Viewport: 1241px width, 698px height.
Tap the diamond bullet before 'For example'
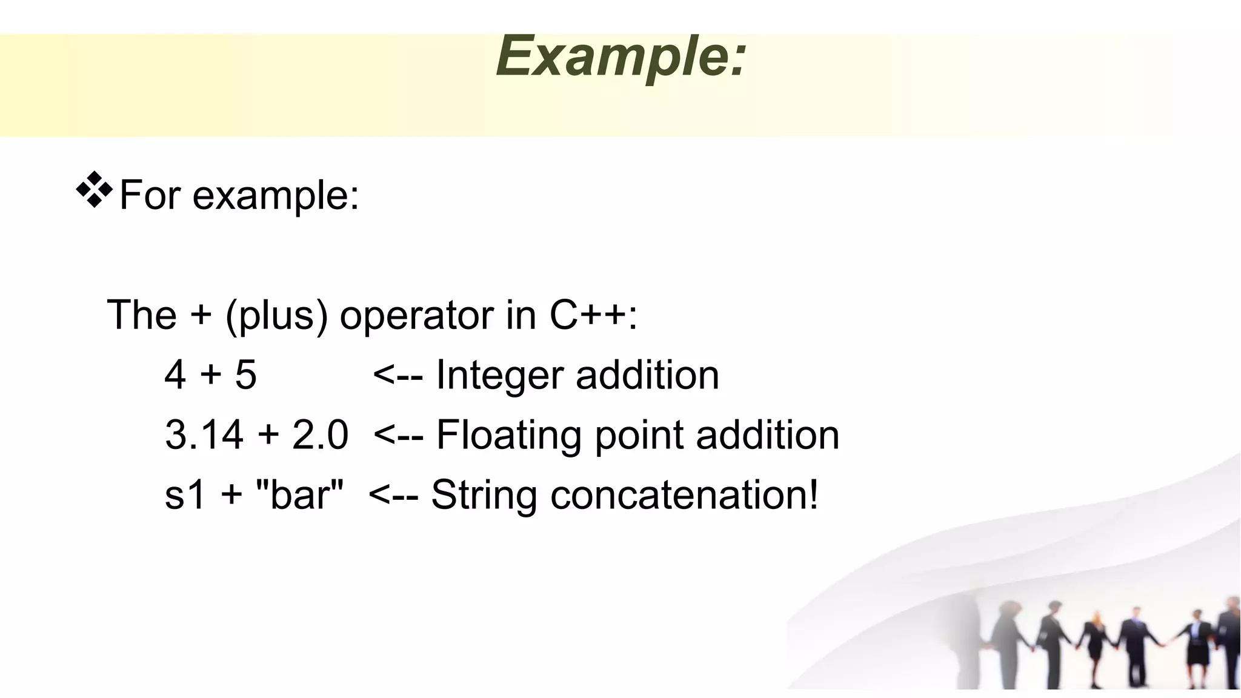coord(95,190)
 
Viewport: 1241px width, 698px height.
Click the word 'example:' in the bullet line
coord(276,196)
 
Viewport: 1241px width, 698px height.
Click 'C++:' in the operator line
coord(593,315)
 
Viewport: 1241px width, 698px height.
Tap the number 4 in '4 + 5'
coord(175,375)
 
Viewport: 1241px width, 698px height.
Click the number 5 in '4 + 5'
coord(246,375)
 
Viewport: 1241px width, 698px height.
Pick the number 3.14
coord(204,435)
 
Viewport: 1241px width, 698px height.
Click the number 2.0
coord(320,435)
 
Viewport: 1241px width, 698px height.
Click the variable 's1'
coord(185,495)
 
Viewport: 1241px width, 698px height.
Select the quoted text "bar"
coord(299,494)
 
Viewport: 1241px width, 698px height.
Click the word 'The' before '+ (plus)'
coord(142,315)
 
